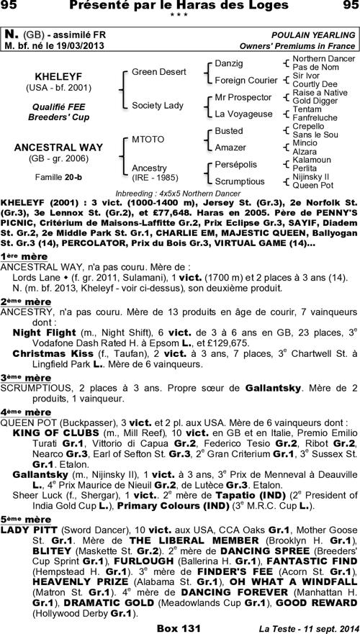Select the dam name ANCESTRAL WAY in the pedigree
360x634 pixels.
(x=59, y=148)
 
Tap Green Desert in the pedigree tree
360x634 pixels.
(x=158, y=72)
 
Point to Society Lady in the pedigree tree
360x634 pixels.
(x=157, y=105)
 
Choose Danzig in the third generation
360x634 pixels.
(x=230, y=64)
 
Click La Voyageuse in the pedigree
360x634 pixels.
(x=243, y=114)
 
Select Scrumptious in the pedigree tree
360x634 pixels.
(x=240, y=181)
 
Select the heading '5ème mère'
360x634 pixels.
(x=21, y=518)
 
